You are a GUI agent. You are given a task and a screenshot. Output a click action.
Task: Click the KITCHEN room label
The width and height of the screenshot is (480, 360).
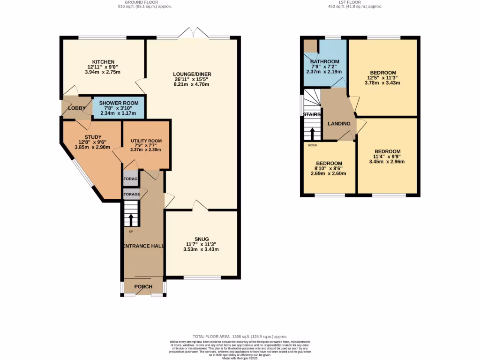103,62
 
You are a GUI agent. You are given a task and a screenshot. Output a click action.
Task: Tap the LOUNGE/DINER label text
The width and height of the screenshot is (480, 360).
191,74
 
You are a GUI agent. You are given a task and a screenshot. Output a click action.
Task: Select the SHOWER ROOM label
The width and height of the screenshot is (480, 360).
119,103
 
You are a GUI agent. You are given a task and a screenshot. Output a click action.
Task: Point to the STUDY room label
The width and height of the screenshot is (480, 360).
93,137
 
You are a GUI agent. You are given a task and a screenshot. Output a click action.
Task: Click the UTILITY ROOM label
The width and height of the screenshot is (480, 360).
146,141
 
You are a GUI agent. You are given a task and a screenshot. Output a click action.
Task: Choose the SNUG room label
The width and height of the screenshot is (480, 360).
201,239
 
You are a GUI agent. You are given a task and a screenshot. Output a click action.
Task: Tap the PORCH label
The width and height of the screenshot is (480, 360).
143,287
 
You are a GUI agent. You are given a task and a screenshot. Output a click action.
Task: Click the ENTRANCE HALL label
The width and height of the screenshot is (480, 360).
143,246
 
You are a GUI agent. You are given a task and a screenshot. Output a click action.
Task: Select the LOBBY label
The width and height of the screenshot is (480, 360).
76,108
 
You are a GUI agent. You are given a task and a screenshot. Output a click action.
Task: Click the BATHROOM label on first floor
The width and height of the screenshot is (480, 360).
324,62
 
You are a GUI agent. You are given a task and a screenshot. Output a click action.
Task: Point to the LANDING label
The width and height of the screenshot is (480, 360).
339,124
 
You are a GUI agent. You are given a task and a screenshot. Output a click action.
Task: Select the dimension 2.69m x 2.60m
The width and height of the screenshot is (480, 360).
328,173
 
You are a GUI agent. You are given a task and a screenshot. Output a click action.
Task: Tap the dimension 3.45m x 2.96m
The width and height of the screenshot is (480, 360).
387,162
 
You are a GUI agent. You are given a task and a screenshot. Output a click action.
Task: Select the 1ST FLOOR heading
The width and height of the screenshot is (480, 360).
354,2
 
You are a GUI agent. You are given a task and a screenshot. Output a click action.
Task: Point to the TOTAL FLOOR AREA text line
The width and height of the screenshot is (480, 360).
240,337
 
